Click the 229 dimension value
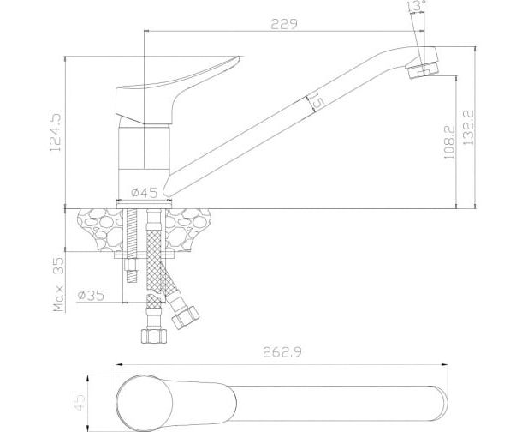coord(284,24)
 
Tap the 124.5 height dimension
coord(56,131)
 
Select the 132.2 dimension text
coord(468,127)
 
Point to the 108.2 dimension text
coord(449,142)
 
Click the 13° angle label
coord(418,5)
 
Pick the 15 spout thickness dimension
coord(317,102)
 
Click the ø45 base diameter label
coord(144,193)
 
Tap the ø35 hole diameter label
coord(91,296)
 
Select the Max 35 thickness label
coord(58,285)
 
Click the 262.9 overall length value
coord(282,352)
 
